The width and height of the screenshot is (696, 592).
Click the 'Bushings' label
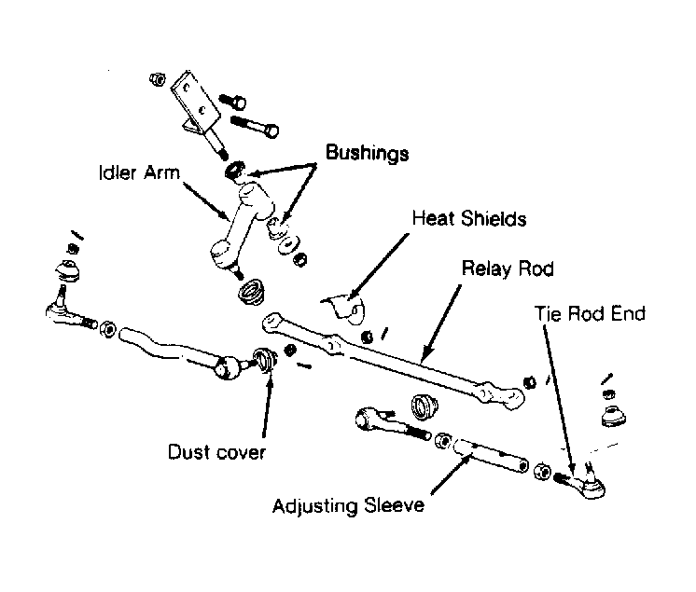367,154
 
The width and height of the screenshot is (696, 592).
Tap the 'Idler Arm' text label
139,172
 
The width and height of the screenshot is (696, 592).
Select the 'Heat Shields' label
469,218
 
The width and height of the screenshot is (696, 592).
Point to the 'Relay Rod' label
508,268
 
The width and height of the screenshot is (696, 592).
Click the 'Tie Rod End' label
590,313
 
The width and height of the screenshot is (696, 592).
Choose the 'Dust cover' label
216,452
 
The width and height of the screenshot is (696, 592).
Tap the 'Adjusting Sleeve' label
348,505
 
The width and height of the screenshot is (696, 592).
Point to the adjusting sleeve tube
491,454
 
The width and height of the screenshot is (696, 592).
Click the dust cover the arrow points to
265,359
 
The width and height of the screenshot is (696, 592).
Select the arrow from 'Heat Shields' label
378,267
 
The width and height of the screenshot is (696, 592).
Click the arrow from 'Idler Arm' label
205,200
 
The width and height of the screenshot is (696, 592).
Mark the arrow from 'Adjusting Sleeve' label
451,475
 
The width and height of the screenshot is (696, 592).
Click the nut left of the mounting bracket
157,79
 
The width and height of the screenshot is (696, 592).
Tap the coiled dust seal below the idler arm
252,292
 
